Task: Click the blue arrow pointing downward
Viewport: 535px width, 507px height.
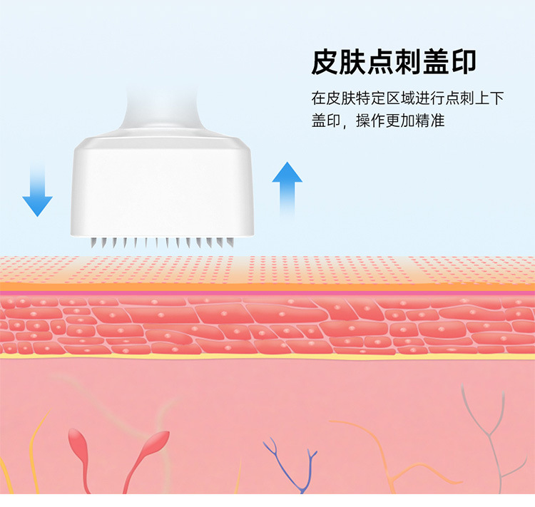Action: click(38, 191)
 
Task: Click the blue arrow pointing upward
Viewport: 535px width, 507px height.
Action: click(287, 190)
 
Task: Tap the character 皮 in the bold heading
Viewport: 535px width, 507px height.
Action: click(325, 62)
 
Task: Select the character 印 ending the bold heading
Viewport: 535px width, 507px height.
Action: click(463, 62)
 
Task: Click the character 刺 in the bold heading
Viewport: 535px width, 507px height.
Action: click(408, 62)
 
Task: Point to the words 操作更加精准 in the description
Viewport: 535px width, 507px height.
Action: click(400, 121)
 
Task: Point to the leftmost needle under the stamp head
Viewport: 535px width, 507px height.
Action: click(93, 242)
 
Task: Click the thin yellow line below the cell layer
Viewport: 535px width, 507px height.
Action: click(267, 357)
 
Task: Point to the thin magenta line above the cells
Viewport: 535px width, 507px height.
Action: click(267, 293)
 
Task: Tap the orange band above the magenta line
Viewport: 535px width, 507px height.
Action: click(267, 287)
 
